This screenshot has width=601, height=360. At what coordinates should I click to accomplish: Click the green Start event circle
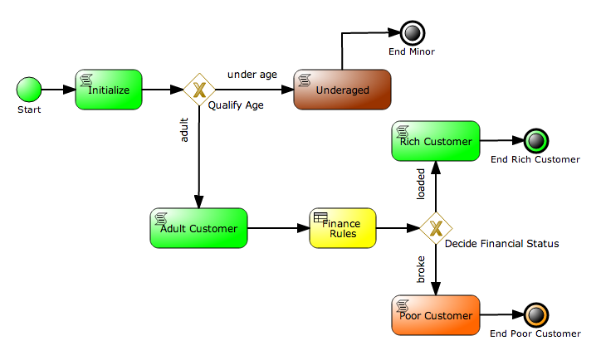click(x=29, y=89)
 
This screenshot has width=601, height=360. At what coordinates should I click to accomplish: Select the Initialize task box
click(x=109, y=90)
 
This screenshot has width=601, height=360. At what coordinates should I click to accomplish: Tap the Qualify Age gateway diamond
click(x=199, y=90)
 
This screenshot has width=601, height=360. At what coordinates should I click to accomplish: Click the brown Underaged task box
click(x=342, y=90)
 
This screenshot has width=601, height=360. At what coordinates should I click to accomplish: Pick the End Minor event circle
click(x=412, y=33)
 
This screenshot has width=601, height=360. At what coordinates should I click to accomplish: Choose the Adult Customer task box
click(x=199, y=228)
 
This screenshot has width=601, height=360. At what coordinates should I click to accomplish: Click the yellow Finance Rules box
click(x=342, y=228)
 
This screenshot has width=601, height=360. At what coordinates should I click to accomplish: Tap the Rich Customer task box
click(x=436, y=142)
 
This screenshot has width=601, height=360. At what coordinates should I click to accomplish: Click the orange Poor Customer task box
click(x=436, y=315)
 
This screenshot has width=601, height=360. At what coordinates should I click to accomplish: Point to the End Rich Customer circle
click(x=535, y=142)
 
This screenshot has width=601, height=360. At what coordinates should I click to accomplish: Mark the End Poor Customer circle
click(x=535, y=315)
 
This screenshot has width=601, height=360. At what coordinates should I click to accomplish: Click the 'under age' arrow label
click(x=252, y=75)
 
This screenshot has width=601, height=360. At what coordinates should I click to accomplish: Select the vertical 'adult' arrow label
click(x=184, y=131)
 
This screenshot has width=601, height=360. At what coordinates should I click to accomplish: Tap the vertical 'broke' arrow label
click(x=421, y=271)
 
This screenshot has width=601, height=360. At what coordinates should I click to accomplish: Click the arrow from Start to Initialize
click(x=58, y=89)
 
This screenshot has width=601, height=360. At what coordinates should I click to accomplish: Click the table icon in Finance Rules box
click(x=320, y=217)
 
